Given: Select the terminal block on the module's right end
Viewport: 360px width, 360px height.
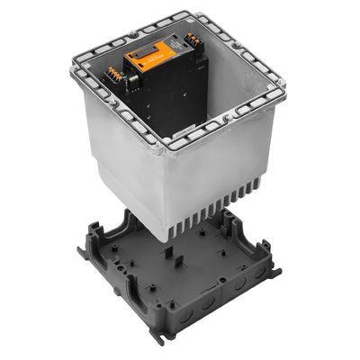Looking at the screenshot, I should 191,41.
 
